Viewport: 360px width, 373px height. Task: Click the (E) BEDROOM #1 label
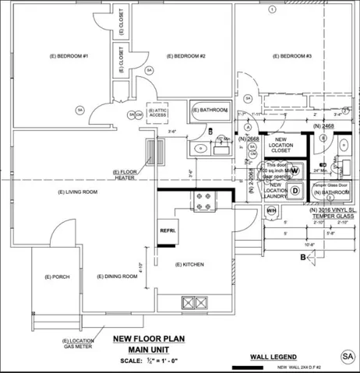tap(69, 57)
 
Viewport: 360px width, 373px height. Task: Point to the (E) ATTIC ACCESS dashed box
tap(158, 114)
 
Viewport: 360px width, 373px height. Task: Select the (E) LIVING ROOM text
tap(78, 192)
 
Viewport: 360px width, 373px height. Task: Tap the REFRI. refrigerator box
tap(168, 231)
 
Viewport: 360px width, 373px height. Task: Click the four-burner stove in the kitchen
tap(204, 202)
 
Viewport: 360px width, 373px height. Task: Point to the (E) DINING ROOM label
tap(117, 276)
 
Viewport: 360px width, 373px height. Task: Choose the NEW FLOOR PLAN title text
tap(147, 338)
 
